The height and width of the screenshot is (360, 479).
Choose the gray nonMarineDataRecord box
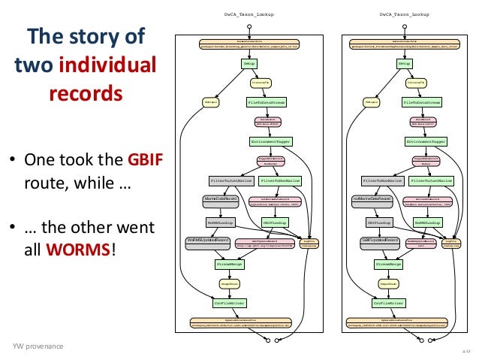[372, 198]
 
